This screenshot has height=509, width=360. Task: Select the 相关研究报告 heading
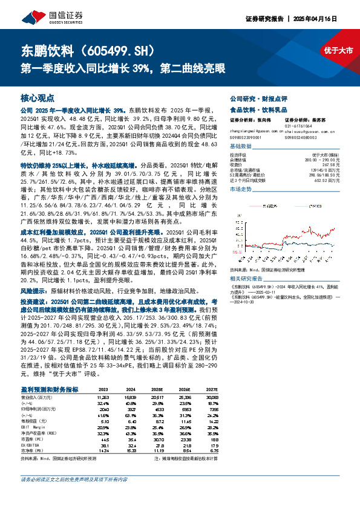coord(247,278)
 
